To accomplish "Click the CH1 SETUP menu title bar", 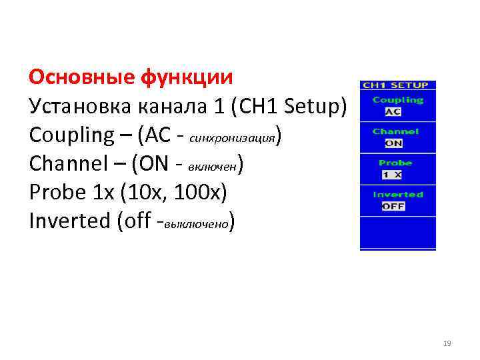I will [398, 85].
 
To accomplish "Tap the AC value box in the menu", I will [393, 111].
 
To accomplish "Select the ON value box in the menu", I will [394, 143].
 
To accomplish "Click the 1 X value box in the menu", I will [392, 174].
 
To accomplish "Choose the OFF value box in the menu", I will [393, 206].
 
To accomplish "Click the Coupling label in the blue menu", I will [398, 100].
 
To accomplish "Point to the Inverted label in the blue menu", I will [398, 195].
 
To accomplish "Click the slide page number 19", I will [447, 344].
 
